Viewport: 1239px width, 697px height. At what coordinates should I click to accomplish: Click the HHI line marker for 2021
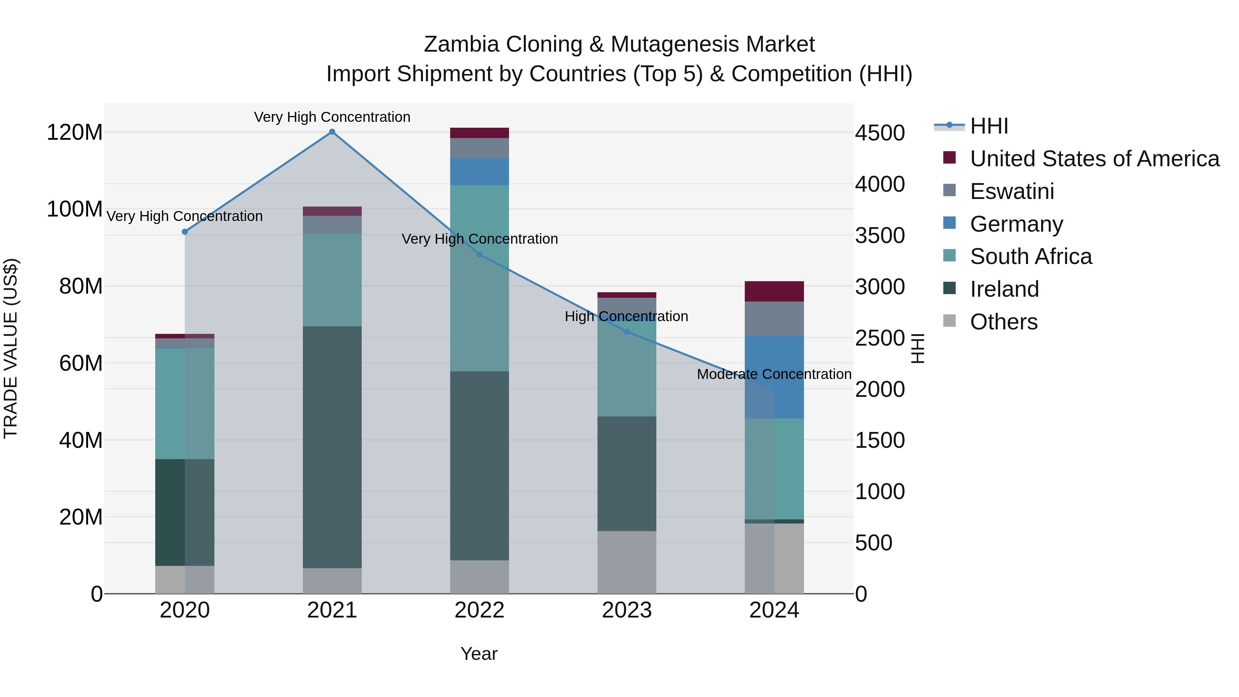[332, 132]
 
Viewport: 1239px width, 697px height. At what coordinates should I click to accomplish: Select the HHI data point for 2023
[627, 332]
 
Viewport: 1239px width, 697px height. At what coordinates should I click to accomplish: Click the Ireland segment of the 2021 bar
[332, 447]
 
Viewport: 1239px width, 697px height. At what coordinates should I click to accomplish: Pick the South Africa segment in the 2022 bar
[479, 278]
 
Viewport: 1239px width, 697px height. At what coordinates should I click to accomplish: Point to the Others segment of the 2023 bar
[627, 562]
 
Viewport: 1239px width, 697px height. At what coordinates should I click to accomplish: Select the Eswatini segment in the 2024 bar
[774, 318]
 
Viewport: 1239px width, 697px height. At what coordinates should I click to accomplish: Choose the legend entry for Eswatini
[1012, 191]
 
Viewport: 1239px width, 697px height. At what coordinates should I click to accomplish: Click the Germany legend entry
[1016, 224]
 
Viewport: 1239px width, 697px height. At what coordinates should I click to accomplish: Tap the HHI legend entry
[989, 126]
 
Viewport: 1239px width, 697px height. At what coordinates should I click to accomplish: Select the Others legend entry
[1003, 322]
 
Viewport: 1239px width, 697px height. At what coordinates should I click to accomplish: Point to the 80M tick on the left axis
[81, 286]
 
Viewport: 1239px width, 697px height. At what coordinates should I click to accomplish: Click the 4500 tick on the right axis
[880, 133]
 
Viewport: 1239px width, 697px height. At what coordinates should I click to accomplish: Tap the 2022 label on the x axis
[479, 610]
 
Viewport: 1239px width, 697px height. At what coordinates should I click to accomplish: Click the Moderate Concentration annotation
[774, 374]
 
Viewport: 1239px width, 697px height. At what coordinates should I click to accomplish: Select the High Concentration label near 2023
[626, 317]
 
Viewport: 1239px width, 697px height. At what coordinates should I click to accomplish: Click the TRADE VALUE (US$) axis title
[11, 348]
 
